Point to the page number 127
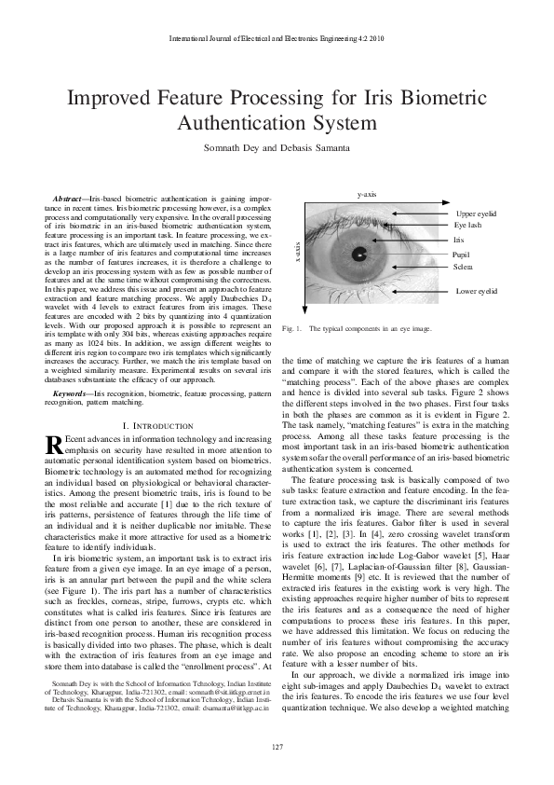[277, 747]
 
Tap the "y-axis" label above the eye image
[367, 194]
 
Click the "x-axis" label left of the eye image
[297, 253]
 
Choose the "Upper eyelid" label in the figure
[477, 213]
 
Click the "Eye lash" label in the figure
[467, 226]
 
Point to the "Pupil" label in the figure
[461, 254]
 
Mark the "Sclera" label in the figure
[463, 267]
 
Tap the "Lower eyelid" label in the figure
[477, 291]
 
